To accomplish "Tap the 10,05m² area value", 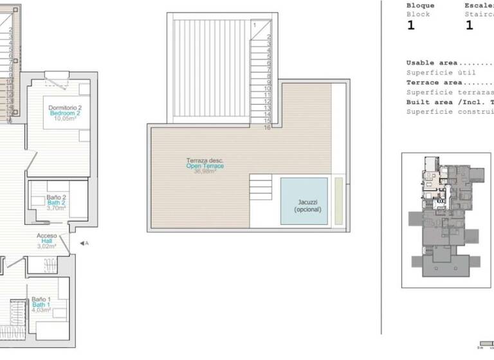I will click(x=64, y=119).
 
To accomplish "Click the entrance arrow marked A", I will click(x=83, y=243).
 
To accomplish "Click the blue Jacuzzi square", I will click(x=304, y=201).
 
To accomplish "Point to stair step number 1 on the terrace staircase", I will click(x=255, y=24).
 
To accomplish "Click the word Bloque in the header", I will click(x=420, y=5).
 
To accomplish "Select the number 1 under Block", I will click(x=411, y=26).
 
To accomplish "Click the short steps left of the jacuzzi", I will click(x=262, y=190).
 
